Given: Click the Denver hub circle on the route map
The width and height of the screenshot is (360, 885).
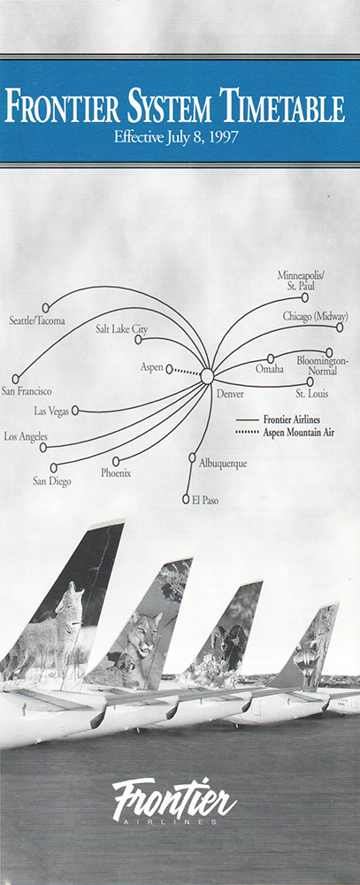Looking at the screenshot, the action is tap(207, 376).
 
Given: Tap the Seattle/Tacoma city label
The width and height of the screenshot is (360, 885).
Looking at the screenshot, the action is tap(37, 321).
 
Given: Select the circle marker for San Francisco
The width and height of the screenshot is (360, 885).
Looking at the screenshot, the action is tap(16, 379).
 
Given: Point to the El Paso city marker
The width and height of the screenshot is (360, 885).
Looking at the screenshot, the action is tap(187, 499).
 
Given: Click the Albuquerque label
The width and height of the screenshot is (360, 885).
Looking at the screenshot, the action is tap(223, 464).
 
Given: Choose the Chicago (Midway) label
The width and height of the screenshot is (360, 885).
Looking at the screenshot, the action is tap(316, 316).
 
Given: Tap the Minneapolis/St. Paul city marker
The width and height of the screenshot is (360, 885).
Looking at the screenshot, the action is tap(304, 297).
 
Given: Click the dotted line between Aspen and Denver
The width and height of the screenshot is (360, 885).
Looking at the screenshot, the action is tap(187, 371).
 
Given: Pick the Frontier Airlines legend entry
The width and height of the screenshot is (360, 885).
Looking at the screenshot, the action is tap(278, 420).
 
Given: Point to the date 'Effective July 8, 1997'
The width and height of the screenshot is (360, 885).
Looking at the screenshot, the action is tap(175, 137).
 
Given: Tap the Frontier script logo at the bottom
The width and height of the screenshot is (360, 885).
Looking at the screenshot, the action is tap(174, 801).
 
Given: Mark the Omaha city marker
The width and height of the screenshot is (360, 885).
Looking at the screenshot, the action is tap(271, 358).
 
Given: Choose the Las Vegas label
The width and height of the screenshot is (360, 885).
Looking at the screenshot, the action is tap(51, 412).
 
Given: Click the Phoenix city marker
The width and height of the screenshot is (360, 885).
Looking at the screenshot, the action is tap(116, 461).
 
